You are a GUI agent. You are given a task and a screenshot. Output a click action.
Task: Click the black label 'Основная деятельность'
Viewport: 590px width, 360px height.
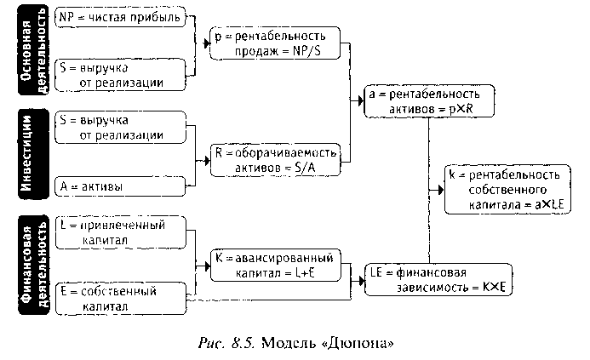pos(32,49)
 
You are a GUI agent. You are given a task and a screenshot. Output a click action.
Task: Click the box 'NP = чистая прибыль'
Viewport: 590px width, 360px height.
pos(120,18)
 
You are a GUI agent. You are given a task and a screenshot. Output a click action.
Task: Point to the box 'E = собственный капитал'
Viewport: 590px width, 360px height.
pos(120,299)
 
